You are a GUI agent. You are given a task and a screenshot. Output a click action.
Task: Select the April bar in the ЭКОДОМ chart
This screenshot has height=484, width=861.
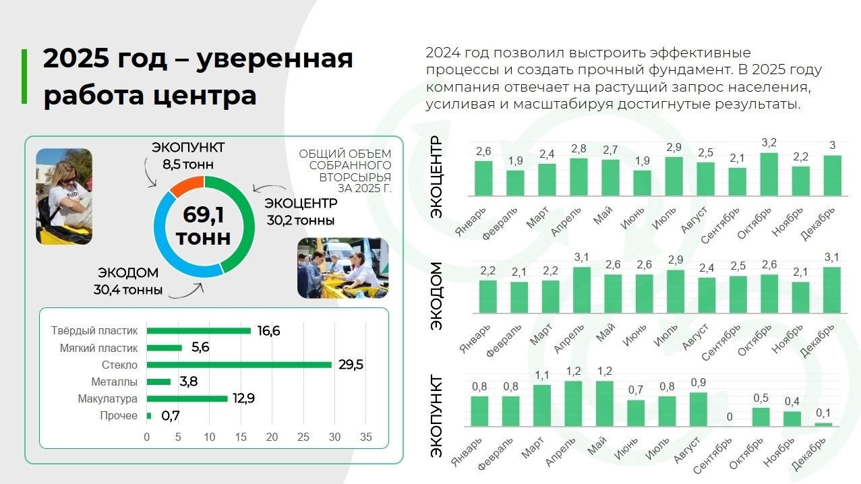581,290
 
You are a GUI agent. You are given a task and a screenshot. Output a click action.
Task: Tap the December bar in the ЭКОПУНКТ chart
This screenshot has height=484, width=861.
823,425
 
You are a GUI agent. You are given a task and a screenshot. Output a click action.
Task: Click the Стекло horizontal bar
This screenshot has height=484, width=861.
239,365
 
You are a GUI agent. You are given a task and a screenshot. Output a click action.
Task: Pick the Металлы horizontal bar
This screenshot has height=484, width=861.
159,382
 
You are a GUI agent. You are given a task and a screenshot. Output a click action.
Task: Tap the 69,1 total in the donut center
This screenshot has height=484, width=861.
204,216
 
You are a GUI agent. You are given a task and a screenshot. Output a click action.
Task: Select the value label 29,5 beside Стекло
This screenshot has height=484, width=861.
351,365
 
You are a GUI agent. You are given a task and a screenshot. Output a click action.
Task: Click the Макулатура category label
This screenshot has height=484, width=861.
107,399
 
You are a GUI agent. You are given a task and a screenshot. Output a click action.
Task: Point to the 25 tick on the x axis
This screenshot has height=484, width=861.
303,437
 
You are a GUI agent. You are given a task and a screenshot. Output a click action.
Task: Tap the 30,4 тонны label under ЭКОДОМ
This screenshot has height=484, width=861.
128,291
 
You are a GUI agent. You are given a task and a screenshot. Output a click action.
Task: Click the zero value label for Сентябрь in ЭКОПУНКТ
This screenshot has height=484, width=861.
729,417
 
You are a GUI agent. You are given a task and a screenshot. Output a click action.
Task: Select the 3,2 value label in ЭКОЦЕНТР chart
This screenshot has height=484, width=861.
769,143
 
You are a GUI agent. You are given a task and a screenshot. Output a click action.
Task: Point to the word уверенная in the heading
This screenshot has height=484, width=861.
276,59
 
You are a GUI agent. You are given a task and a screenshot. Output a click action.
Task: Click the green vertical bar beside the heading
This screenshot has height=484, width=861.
25,76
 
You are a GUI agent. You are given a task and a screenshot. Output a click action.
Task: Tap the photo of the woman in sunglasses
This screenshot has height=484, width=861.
64,196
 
